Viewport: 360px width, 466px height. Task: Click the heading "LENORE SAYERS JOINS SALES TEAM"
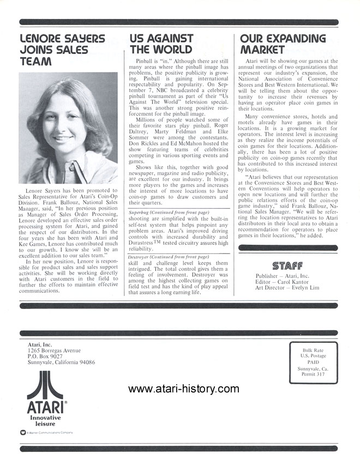pyautogui.click(x=61, y=50)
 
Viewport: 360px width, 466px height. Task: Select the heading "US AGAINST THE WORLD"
pyautogui.click(x=161, y=44)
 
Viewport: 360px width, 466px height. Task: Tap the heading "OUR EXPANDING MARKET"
pyautogui.click(x=283, y=44)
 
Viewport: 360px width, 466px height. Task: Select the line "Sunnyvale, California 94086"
pyautogui.click(x=62, y=362)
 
